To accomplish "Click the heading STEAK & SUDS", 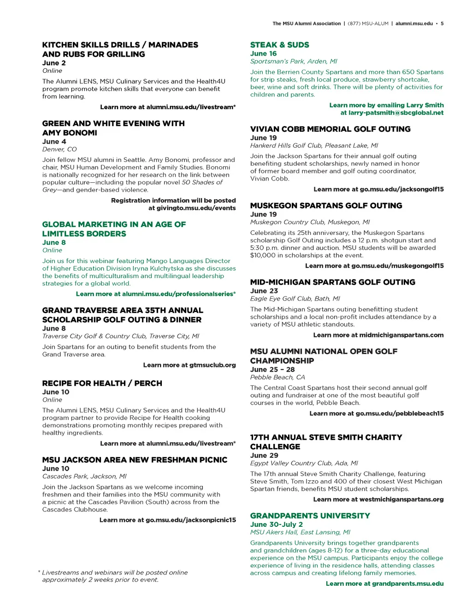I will click(x=279, y=45).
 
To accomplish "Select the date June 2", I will click(x=54, y=63).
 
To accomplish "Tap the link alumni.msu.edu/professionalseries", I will click(x=178, y=294).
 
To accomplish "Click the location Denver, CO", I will click(x=59, y=149).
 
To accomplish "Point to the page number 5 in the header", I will click(x=442, y=23).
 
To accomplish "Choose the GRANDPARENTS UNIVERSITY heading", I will click(x=310, y=516).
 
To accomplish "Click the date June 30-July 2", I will click(x=276, y=525).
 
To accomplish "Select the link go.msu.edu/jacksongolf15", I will click(x=401, y=189).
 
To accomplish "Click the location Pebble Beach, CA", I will click(x=277, y=377).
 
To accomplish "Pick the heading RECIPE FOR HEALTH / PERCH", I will click(x=102, y=383).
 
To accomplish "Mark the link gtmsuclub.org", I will click(x=212, y=365).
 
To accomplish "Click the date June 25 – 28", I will click(x=272, y=369).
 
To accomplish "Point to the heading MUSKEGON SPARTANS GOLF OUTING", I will click(x=326, y=205).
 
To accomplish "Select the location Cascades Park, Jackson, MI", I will click(x=84, y=476).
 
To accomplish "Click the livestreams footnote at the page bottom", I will click(x=114, y=576).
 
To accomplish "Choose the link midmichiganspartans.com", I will click(x=401, y=335).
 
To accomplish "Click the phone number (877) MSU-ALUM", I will click(x=368, y=23).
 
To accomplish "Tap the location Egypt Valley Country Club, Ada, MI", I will click(x=304, y=463).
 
